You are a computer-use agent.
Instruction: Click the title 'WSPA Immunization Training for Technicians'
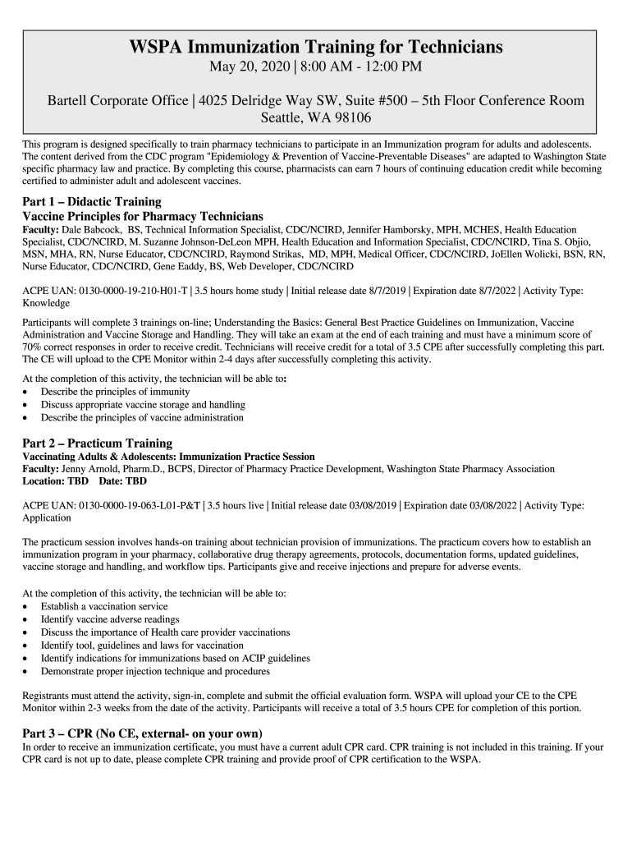tap(316, 48)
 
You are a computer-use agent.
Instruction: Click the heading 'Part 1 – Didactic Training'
tap(92, 201)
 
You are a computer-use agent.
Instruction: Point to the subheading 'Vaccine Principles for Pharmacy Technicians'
tap(143, 215)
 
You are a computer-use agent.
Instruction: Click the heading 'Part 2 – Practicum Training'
tap(97, 443)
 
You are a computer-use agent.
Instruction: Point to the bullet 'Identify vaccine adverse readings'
tap(110, 619)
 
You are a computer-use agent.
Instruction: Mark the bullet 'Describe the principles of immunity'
tap(115, 392)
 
